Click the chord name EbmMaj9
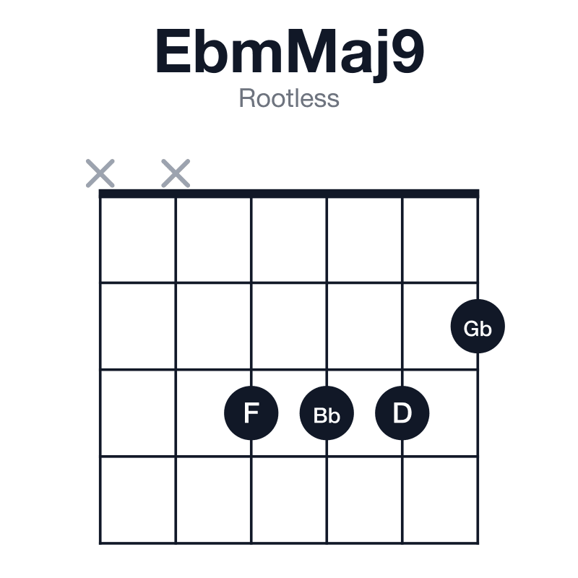(x=290, y=53)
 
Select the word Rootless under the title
(x=289, y=98)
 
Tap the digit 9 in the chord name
(x=408, y=51)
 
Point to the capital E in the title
(x=173, y=51)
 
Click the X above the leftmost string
(x=100, y=173)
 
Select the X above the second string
(x=176, y=173)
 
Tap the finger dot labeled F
(x=251, y=413)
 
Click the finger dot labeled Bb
(x=327, y=413)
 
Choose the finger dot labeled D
(x=402, y=413)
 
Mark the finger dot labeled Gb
(x=478, y=327)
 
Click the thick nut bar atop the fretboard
(x=289, y=194)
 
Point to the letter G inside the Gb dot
(x=472, y=329)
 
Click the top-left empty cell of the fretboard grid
(x=138, y=240)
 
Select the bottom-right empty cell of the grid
(x=440, y=499)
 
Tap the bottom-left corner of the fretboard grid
(x=100, y=543)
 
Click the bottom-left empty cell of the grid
(x=138, y=499)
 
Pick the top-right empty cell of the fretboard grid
(x=440, y=240)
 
